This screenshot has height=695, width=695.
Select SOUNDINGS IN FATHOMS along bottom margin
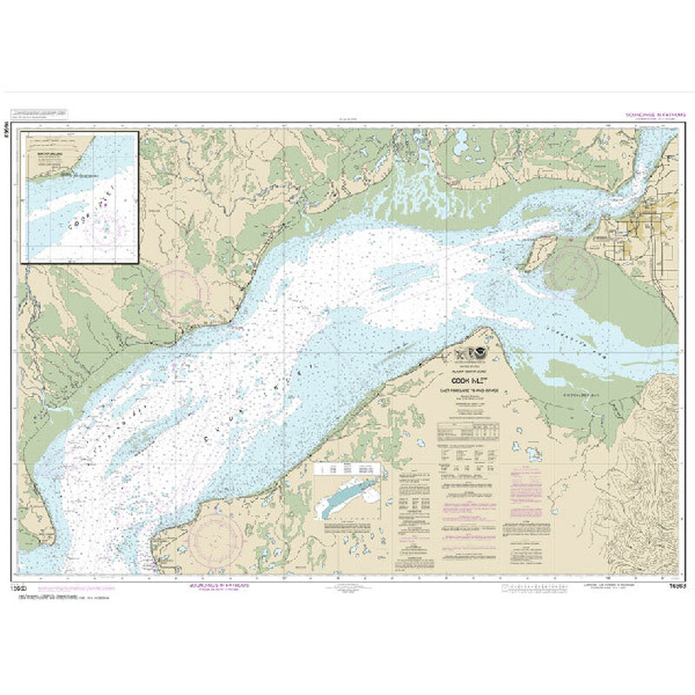pos(219,586)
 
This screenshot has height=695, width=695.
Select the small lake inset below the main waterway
pos(348,495)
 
